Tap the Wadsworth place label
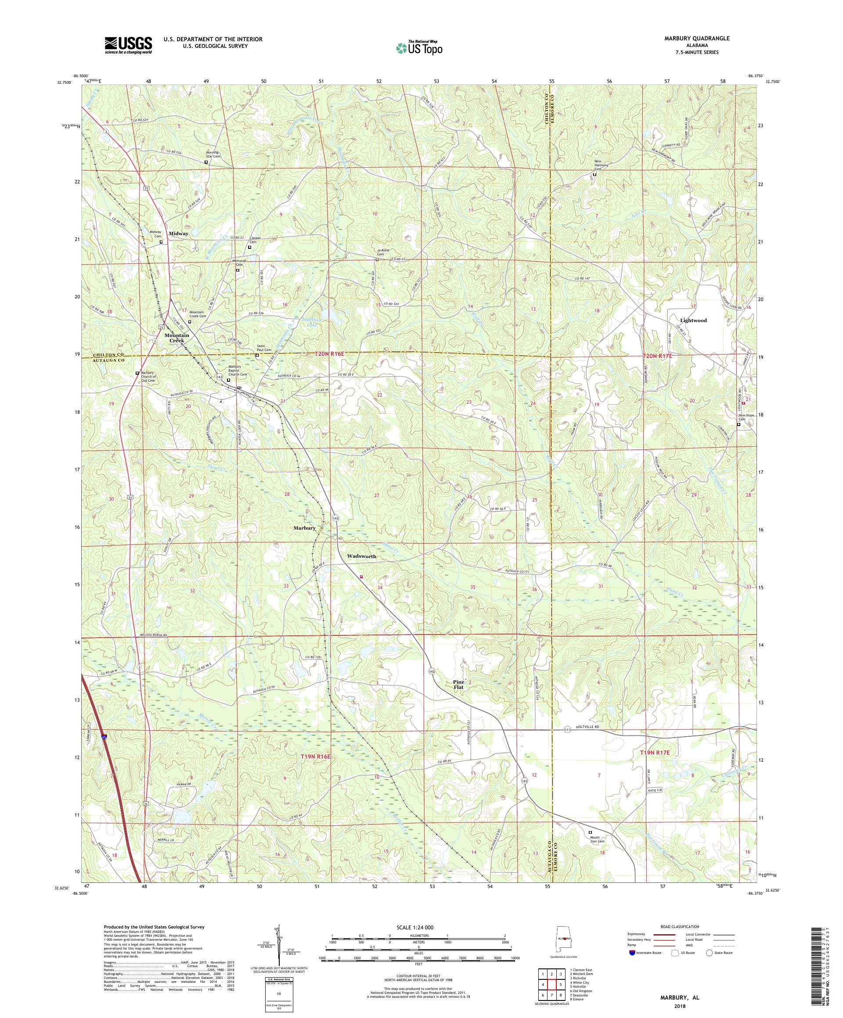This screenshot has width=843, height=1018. (361, 556)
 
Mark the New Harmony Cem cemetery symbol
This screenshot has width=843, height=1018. (594, 175)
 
